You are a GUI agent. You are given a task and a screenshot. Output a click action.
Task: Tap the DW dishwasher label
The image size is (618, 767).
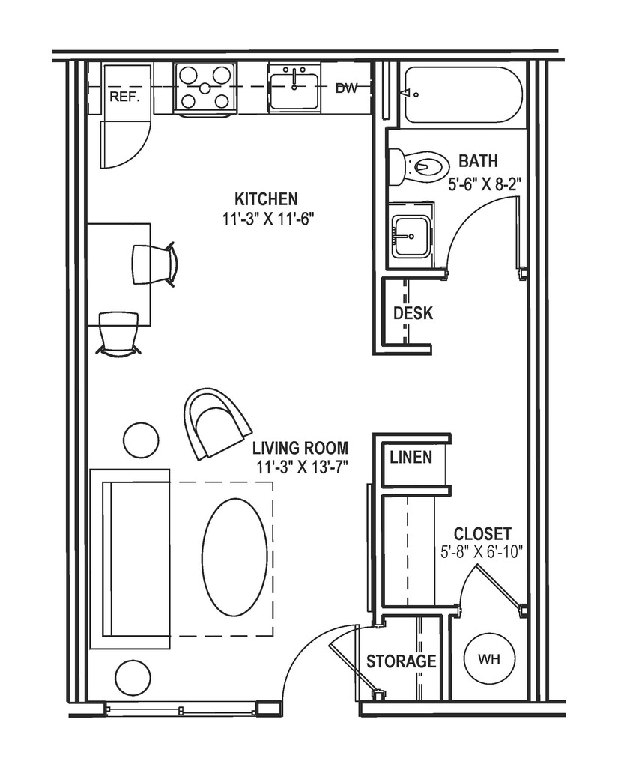[x=345, y=88]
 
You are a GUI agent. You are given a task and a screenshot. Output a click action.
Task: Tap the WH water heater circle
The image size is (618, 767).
[x=488, y=660]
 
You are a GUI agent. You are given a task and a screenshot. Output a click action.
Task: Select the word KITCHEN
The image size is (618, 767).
[x=266, y=199]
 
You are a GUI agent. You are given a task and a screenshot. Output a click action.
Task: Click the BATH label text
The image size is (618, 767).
[x=478, y=160]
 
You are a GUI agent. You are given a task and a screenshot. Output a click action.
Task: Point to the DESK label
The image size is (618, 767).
[x=413, y=313]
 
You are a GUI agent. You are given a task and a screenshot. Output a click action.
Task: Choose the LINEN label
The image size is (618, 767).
[x=411, y=457]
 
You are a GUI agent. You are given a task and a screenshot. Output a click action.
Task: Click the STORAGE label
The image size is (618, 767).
[x=401, y=661]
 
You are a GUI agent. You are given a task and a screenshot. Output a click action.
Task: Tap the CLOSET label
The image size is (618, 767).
[x=483, y=534]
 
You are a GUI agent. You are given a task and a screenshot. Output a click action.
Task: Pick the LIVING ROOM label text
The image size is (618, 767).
[x=300, y=449]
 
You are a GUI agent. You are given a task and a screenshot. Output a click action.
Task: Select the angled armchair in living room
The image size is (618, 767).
[x=217, y=423]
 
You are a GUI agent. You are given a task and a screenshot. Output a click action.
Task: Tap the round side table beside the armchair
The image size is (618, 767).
[x=140, y=440]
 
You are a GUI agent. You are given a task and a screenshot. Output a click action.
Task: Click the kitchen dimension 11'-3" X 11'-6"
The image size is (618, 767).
[x=266, y=219]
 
